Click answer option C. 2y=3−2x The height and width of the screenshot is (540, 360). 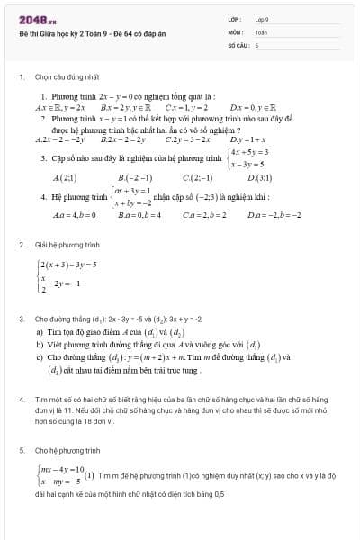pyautogui.click(x=187, y=139)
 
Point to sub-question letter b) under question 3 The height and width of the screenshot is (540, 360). pyautogui.click(x=40, y=344)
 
